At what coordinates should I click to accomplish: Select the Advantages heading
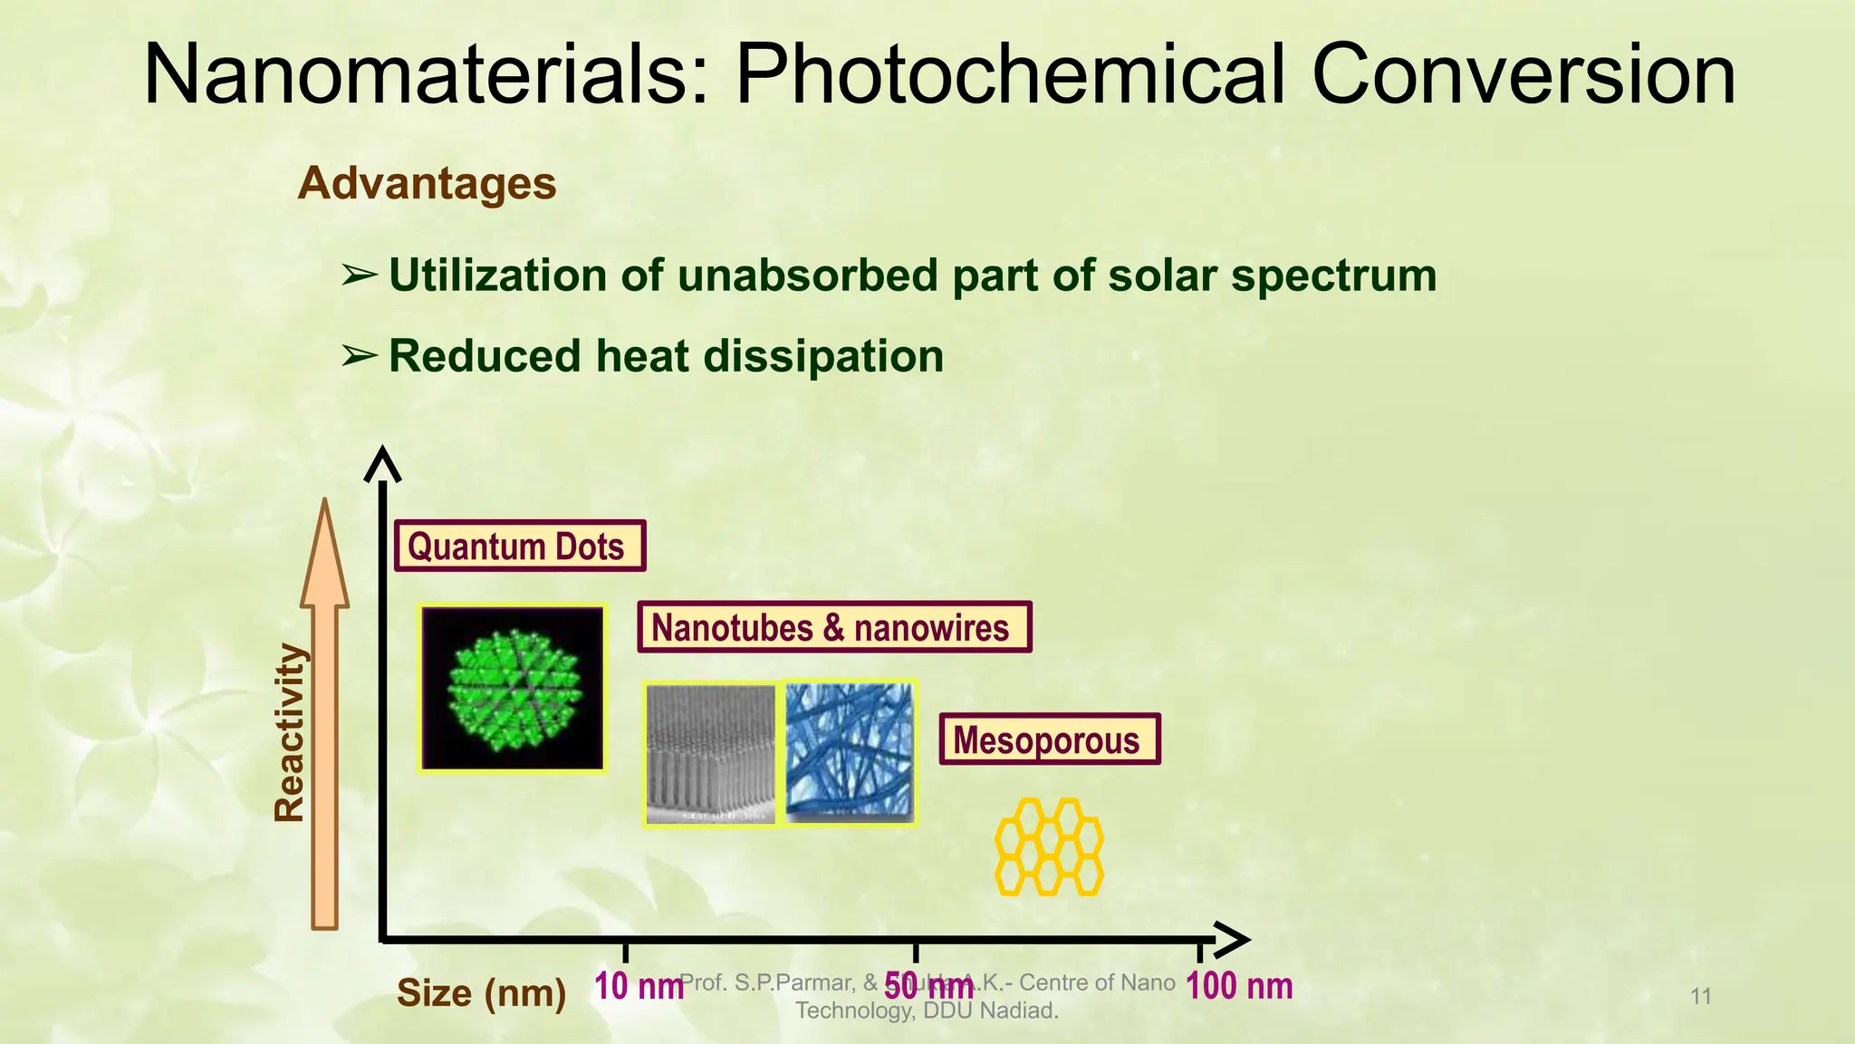427,184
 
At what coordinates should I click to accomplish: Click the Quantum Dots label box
520,546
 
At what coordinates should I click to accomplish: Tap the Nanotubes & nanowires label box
833,627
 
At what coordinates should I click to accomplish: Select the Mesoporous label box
1049,740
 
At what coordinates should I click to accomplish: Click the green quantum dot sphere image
513,689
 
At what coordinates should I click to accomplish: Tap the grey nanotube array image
711,754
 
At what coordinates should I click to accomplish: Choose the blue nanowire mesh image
850,752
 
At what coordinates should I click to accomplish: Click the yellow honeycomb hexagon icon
1049,846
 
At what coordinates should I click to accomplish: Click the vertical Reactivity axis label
290,732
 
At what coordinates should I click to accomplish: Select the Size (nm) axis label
481,993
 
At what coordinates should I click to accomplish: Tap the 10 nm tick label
638,986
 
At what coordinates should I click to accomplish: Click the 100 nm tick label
1238,986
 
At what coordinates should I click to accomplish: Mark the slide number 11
1701,997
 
